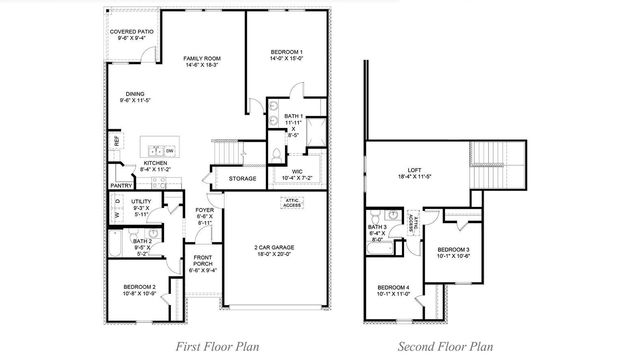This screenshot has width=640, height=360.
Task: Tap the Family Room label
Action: click(x=201, y=63)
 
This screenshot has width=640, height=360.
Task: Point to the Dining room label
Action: click(x=134, y=97)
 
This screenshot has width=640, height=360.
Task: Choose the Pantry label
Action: click(x=122, y=185)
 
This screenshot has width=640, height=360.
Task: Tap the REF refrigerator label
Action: click(x=117, y=142)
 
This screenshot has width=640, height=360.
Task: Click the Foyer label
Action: click(x=204, y=213)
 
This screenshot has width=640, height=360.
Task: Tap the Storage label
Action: click(x=243, y=179)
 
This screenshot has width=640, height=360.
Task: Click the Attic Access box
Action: click(x=292, y=203)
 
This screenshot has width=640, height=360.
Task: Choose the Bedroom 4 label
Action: click(x=395, y=290)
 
